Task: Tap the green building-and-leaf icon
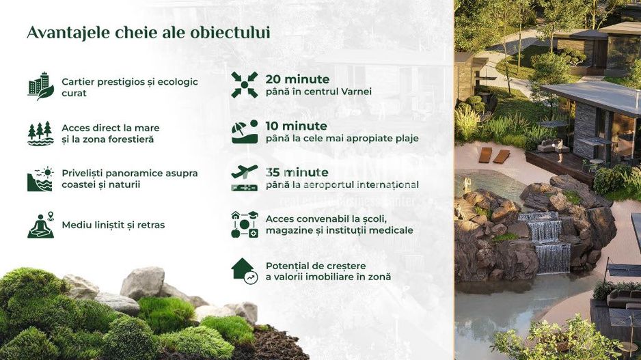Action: point(40,86)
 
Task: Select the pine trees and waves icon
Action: point(40,133)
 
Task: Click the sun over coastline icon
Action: point(40,178)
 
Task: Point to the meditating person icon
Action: point(40,225)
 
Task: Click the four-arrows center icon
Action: point(244,85)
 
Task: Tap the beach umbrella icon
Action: point(244,131)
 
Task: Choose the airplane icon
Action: point(244,178)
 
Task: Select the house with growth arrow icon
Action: point(244,271)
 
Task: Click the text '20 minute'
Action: point(297,79)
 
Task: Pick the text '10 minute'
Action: point(296,126)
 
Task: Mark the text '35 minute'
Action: point(297,172)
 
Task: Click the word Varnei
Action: point(355,92)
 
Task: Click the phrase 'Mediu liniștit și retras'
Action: point(113,225)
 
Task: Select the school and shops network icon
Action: point(244,224)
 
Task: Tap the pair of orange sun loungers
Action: point(493,155)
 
